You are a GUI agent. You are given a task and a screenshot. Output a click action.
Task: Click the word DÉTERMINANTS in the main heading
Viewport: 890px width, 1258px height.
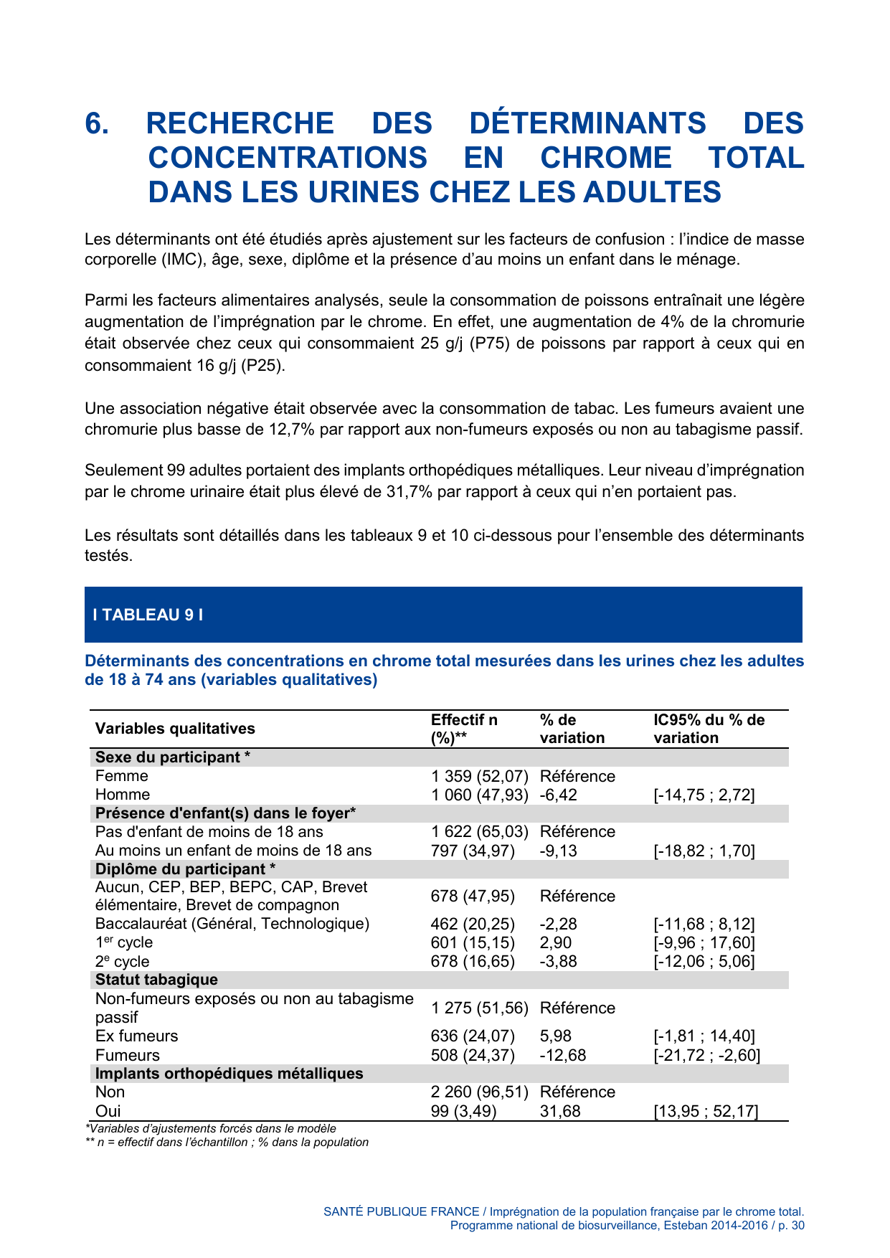(x=587, y=123)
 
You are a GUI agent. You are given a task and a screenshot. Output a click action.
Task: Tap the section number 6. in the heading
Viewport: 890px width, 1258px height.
(x=97, y=123)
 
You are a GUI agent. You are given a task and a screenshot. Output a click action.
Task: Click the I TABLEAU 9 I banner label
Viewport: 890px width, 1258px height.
(x=148, y=615)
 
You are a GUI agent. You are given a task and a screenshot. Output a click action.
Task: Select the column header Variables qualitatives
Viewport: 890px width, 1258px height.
(x=175, y=729)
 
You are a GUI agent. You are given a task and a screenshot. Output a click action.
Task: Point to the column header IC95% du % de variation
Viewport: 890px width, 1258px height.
(x=709, y=729)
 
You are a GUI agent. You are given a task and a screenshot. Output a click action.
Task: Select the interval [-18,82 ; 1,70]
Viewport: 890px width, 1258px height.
(x=704, y=851)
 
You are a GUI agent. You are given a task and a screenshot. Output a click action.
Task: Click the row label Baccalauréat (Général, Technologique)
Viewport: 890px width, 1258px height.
(x=232, y=924)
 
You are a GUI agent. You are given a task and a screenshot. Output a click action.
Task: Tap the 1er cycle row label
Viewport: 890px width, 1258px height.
(x=124, y=942)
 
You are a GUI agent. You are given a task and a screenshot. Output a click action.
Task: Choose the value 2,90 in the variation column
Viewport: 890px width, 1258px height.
(x=556, y=942)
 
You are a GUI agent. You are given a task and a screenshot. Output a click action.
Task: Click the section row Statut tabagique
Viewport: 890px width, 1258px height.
(x=156, y=980)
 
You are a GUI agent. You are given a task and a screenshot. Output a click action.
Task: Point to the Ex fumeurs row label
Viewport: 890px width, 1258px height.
(x=136, y=1036)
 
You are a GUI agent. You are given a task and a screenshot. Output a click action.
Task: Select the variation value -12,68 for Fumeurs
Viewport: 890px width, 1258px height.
(x=562, y=1055)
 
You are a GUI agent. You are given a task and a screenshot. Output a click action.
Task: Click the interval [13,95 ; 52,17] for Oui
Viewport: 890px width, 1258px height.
(x=706, y=1112)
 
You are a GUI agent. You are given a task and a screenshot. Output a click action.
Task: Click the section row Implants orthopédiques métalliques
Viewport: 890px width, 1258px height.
(x=229, y=1074)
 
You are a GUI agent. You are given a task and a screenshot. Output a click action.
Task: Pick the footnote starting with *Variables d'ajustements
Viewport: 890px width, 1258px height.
(x=210, y=1129)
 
